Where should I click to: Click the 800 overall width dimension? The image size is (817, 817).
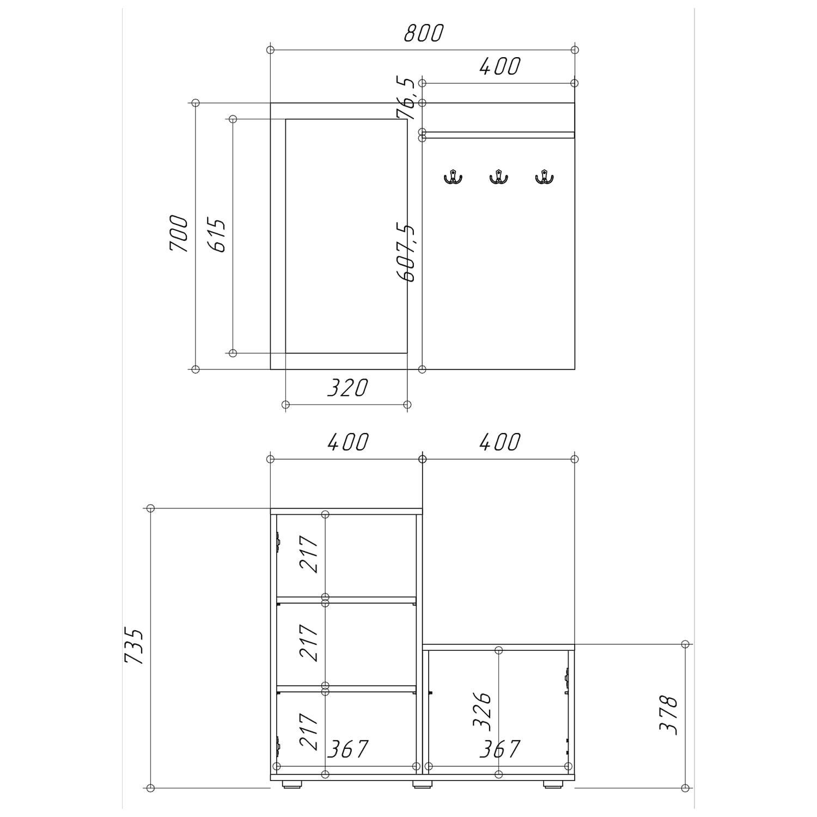point(424,33)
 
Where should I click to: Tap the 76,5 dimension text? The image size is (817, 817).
point(406,98)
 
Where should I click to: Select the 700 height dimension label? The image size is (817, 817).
point(179,233)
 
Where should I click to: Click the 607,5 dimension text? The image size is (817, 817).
point(406,252)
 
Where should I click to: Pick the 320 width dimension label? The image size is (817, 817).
point(347,388)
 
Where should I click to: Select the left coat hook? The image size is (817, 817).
point(452,177)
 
